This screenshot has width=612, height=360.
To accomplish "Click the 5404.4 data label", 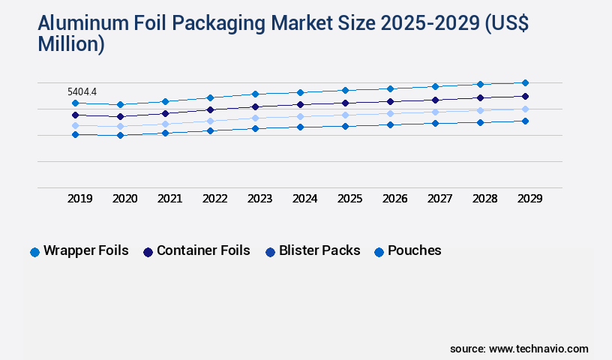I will (82, 91).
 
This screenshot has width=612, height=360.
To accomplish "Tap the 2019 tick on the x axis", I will (79, 199).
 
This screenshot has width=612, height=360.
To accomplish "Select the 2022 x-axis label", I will (214, 199).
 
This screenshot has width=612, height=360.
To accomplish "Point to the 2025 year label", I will (349, 199).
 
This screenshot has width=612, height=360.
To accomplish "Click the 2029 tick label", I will (529, 199).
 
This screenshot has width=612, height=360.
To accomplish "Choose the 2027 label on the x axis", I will (439, 199).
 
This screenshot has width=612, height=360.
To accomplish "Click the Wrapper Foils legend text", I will (85, 250).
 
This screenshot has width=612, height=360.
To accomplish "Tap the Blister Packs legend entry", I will (319, 250).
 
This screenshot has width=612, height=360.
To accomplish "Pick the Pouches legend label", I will (414, 250).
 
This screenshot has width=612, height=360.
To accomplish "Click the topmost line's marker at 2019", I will (75, 103).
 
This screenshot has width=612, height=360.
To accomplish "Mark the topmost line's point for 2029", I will (525, 82).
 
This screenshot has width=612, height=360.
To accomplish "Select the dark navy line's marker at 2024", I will (300, 104).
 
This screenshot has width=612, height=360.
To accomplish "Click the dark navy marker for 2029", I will (525, 96).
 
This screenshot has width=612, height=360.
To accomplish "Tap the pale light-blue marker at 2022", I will (210, 121).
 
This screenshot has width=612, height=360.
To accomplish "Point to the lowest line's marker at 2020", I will (120, 135).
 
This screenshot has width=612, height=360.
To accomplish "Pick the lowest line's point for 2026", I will (390, 124).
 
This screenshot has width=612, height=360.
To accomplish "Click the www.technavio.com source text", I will (538, 349).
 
